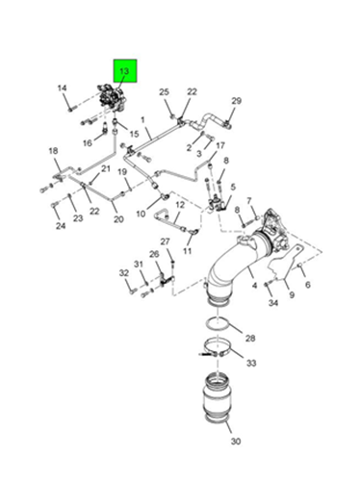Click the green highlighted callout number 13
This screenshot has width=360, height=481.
pos(124,71)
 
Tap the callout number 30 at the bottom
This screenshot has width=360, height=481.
pos(236,442)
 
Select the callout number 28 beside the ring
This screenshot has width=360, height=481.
pos(250,338)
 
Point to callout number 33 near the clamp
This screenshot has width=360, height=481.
pos(251,363)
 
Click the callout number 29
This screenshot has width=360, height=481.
pos(237,101)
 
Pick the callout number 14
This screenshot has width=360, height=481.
pos(63,88)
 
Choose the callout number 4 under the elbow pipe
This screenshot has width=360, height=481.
pos(254,285)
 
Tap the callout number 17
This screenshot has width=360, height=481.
pos(220,146)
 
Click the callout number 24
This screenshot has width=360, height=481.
pos(61,226)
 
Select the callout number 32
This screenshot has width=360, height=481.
pos(124,273)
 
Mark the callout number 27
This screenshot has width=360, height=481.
pos(165,241)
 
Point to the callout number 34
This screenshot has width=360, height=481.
pos(273,302)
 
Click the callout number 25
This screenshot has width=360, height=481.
pos(164,92)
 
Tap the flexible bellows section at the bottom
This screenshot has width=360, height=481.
pos(217,400)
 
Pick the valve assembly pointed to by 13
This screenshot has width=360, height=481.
pos(112,97)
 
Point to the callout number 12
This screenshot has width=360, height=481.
pos(180,205)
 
